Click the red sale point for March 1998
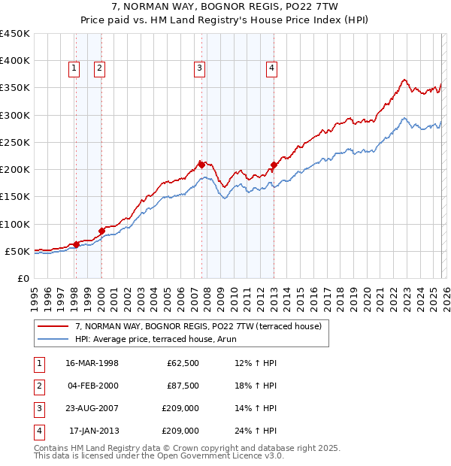pyautogui.click(x=76, y=244)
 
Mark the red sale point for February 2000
pyautogui.click(x=101, y=231)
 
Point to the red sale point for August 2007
pyautogui.click(x=201, y=164)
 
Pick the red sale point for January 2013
pyautogui.click(x=274, y=165)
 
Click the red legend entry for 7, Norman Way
pyautogui.click(x=198, y=326)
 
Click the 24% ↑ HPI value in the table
pyautogui.click(x=256, y=431)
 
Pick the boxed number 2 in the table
pyautogui.click(x=38, y=386)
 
